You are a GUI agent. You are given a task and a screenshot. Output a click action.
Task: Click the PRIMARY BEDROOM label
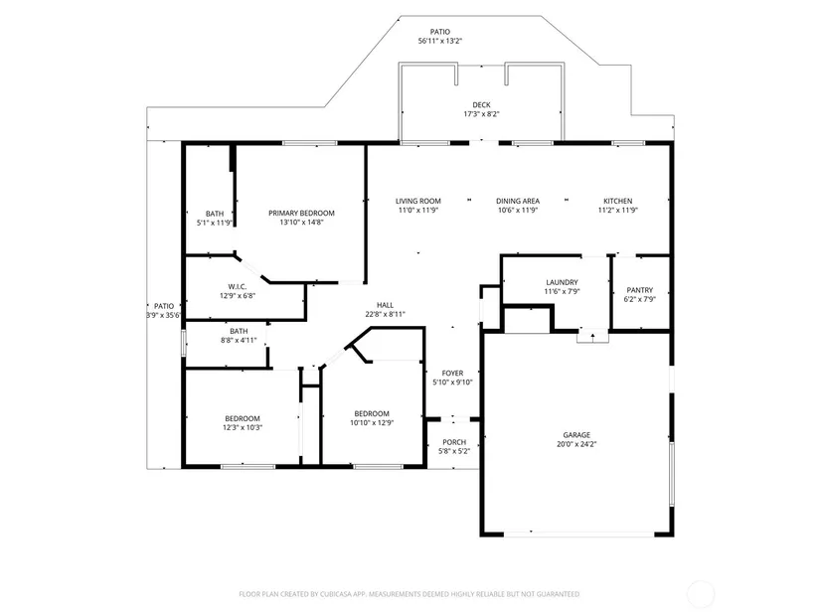tap(301, 213)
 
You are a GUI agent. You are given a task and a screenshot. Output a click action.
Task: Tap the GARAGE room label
tap(576, 434)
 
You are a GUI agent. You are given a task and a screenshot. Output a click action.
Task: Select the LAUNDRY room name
tap(563, 282)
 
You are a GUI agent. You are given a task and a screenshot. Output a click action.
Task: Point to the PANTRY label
tap(639, 290)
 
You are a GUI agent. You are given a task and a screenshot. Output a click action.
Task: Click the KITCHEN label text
tap(617, 201)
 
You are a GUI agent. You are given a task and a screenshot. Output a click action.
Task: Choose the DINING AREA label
tap(518, 201)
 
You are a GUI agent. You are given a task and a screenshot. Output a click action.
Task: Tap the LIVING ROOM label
tap(417, 201)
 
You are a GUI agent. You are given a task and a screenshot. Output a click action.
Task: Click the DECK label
tap(481, 105)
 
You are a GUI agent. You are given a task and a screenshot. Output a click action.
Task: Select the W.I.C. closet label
tap(238, 286)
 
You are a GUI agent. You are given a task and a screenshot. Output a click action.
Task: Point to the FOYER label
tap(452, 373)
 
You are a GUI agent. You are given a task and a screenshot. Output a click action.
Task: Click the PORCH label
tap(454, 442)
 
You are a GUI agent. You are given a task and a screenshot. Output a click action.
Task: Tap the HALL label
tap(385, 305)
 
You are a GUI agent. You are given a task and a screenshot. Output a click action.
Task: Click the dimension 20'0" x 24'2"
tap(576, 444)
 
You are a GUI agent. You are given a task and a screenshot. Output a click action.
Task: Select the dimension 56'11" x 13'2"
tap(439, 41)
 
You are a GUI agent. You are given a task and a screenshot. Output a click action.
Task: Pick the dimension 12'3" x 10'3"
tap(243, 428)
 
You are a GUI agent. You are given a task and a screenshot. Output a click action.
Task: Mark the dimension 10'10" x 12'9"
tap(372, 423)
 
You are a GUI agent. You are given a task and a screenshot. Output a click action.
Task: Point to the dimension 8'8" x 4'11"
tap(239, 341)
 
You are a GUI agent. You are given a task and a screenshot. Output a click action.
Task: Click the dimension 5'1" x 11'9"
tap(215, 223)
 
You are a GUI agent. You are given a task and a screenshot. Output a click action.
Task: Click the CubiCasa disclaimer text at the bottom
tap(409, 594)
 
